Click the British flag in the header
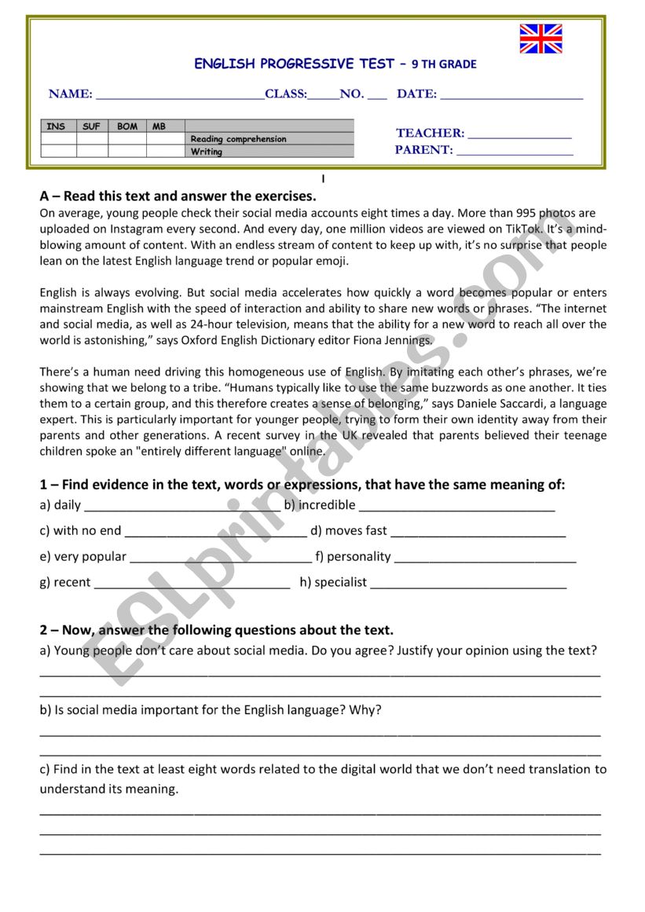541,38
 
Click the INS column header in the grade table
57,126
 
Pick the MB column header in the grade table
159,126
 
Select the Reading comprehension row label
239,139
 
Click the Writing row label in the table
207,152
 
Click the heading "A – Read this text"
178,196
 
